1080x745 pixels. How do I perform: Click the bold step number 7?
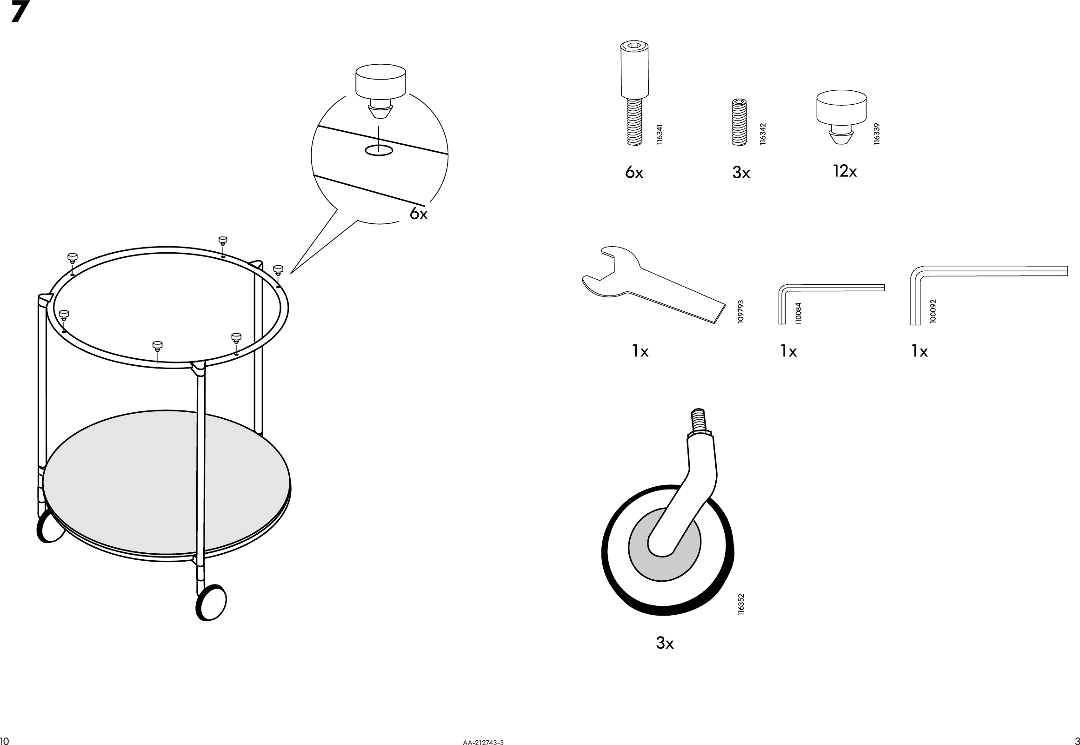(20, 12)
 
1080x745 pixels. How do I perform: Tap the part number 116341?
(659, 134)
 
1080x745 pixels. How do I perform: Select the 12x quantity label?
(845, 172)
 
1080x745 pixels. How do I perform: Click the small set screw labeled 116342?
(739, 122)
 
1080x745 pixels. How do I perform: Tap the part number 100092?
(933, 311)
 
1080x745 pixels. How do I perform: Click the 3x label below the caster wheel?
(664, 643)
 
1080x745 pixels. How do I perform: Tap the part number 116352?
(741, 604)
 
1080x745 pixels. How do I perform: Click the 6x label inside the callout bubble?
(419, 214)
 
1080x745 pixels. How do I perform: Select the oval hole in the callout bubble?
(379, 150)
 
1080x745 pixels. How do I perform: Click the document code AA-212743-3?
(483, 742)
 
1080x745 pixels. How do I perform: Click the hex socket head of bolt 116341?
(634, 46)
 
